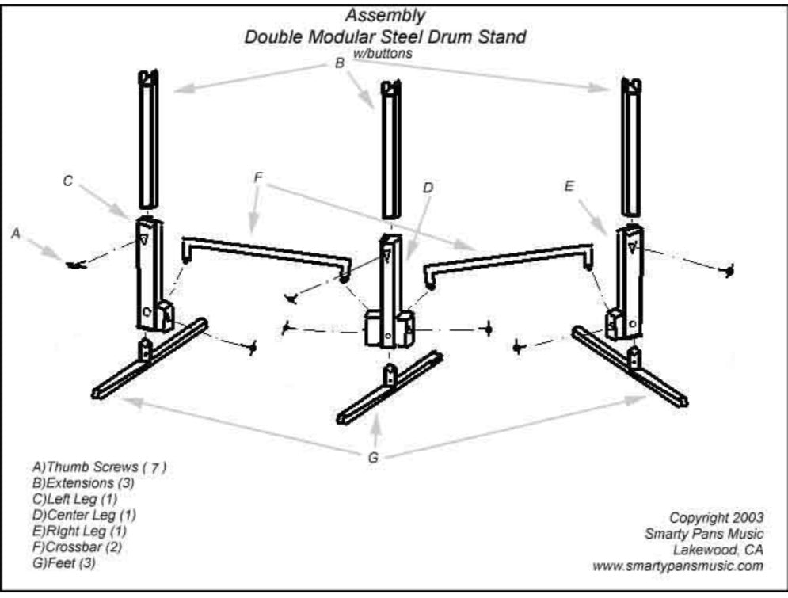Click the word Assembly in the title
click(x=385, y=15)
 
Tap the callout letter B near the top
click(x=340, y=64)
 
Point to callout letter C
click(x=68, y=181)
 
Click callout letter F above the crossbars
click(x=258, y=177)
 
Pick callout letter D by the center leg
click(x=428, y=189)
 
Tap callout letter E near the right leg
click(x=569, y=185)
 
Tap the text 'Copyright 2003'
click(x=716, y=517)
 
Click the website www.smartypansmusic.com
click(x=677, y=566)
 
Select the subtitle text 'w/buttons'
click(x=385, y=53)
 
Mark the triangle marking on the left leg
click(x=144, y=240)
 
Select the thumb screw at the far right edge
click(x=729, y=271)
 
